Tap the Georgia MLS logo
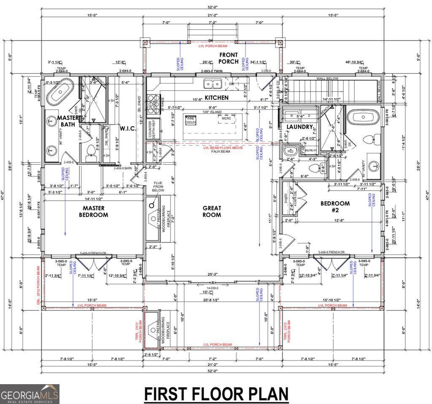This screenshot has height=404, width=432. click(30, 394)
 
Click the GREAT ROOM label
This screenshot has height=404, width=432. click(212, 211)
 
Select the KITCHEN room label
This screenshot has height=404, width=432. click(217, 98)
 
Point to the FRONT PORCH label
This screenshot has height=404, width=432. click(228, 58)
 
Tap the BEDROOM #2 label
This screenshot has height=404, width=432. click(335, 207)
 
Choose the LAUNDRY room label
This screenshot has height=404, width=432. click(300, 127)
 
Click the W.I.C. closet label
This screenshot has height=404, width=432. click(127, 129)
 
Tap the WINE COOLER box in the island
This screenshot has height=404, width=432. click(191, 120)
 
